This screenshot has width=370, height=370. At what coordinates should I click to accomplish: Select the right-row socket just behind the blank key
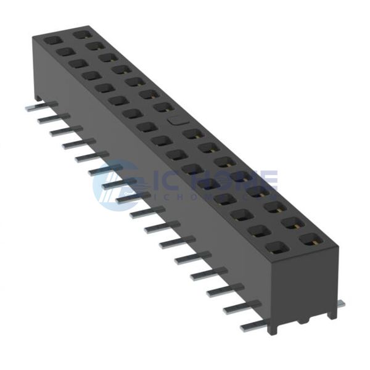[x=162, y=107]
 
